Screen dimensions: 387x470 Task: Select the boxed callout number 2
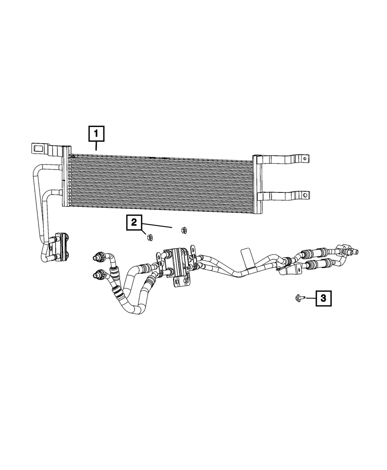(134, 223)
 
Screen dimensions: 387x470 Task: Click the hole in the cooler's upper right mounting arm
(305, 158)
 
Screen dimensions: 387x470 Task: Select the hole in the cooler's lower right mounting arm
(305, 194)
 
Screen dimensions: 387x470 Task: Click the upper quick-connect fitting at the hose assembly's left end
(97, 257)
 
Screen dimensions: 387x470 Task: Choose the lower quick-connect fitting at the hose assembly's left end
(97, 275)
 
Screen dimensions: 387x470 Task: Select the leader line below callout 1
(96, 146)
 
